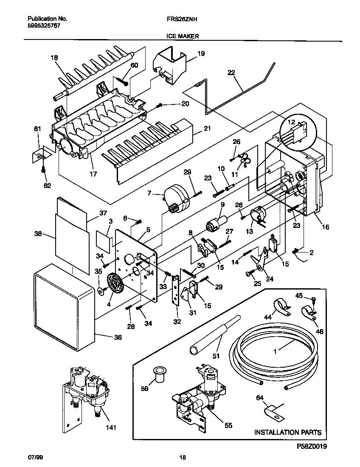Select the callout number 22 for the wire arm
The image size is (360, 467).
tap(231, 73)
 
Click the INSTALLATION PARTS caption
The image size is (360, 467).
tap(287, 433)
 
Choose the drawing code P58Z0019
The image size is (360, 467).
tap(312, 447)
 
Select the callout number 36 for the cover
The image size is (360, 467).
tap(118, 338)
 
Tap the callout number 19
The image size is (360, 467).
tap(201, 53)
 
